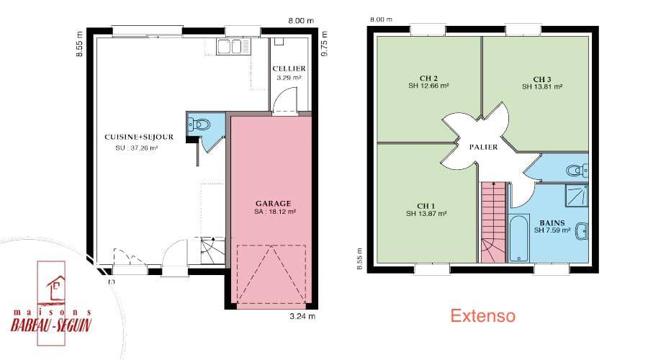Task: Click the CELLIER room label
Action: (x=289, y=68)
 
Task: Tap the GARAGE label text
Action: (x=273, y=203)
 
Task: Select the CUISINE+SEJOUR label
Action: (x=139, y=137)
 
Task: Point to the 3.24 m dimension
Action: (x=302, y=317)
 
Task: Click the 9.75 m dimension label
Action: (x=325, y=44)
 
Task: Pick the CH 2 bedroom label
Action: (x=428, y=78)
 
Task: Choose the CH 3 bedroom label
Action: (x=541, y=79)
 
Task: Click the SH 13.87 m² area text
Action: (x=426, y=214)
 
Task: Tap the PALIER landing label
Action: (x=484, y=147)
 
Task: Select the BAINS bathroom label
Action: (x=552, y=223)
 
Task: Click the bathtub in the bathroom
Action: (x=519, y=238)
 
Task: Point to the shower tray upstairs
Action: (x=577, y=196)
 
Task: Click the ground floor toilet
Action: (x=199, y=124)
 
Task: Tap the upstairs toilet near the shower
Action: (x=577, y=170)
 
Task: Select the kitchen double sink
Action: (x=230, y=47)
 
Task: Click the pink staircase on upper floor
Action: (x=494, y=222)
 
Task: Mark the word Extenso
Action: (x=482, y=316)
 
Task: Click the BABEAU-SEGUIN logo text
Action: (x=50, y=325)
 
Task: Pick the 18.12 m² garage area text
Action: (x=275, y=212)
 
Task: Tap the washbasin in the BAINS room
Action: (x=582, y=231)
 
